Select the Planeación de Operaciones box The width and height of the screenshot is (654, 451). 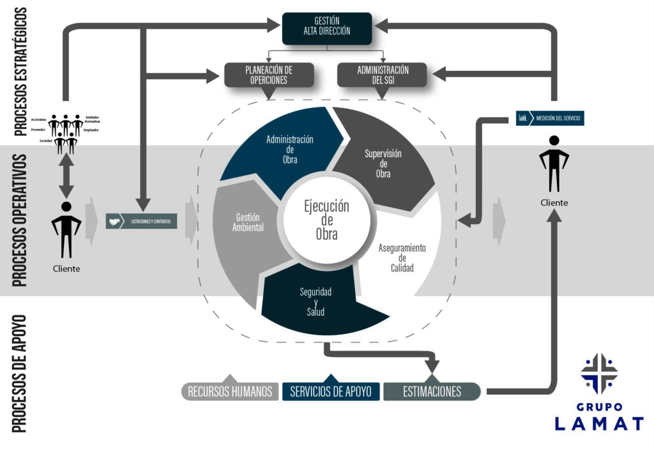point(270,75)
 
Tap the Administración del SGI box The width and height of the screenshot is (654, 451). point(382,75)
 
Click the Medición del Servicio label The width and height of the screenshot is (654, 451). point(550,118)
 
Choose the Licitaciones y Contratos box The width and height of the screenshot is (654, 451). point(142,222)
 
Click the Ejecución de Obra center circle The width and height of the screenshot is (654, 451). point(326,220)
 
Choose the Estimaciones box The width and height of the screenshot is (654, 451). point(432,391)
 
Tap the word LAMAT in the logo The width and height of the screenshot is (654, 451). point(598,423)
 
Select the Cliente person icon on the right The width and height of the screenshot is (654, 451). point(553,164)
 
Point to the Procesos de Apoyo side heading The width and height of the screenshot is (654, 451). point(20,373)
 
